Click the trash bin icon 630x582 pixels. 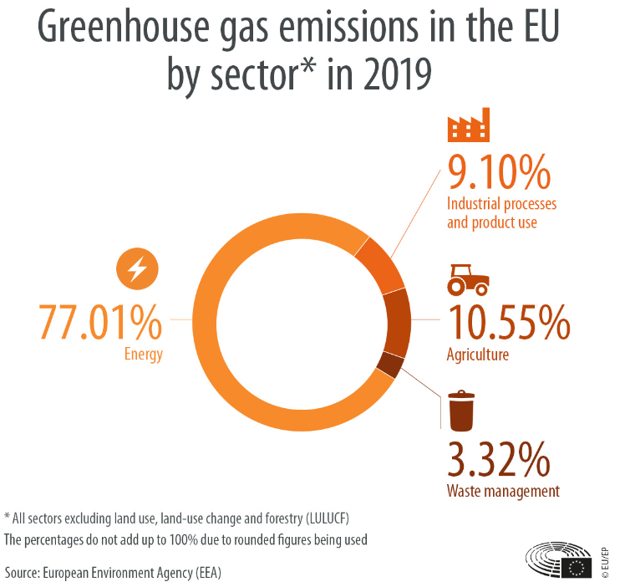pos(461,411)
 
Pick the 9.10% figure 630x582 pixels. pos(499,174)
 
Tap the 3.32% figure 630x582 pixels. pos(500,459)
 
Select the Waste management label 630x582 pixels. pos(503,491)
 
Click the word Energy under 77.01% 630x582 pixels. pos(144,354)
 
